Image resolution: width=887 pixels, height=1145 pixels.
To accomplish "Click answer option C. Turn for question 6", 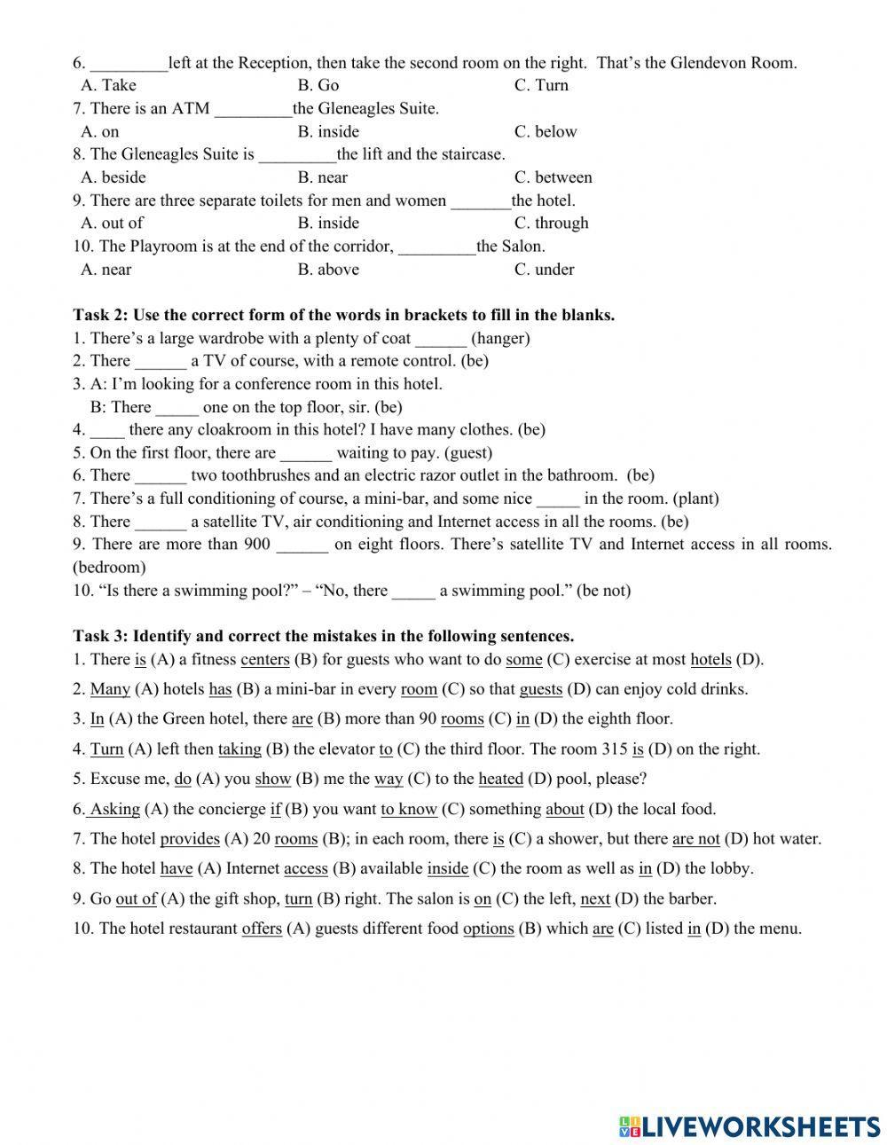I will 541,86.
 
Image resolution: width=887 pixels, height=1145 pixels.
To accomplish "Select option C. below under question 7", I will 546,132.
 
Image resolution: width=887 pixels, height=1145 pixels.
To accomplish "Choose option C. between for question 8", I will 553,177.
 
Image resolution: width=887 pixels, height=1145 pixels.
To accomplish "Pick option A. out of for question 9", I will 112,224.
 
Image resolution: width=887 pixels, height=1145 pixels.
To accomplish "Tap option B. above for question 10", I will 328,270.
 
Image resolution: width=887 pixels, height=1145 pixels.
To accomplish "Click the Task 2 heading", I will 343,316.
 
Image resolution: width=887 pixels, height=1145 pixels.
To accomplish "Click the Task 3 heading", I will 323,637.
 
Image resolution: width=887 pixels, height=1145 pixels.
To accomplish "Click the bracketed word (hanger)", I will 500,338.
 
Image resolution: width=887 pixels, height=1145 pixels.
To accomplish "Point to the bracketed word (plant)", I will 695,499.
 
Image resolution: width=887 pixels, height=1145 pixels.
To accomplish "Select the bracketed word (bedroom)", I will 109,568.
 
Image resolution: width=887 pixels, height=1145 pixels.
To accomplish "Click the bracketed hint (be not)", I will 603,591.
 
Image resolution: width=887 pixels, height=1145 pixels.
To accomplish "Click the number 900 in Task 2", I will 256,545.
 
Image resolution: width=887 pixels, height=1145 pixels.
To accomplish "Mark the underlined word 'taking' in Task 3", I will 239,749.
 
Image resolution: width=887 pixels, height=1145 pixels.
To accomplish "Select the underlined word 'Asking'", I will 115,809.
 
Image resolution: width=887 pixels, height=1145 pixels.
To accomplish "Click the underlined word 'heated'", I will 500,780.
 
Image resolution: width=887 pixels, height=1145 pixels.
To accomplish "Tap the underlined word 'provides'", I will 189,839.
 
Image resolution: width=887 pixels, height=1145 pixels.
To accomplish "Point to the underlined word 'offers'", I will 262,929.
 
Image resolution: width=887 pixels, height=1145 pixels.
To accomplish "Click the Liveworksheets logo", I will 750,1125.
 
